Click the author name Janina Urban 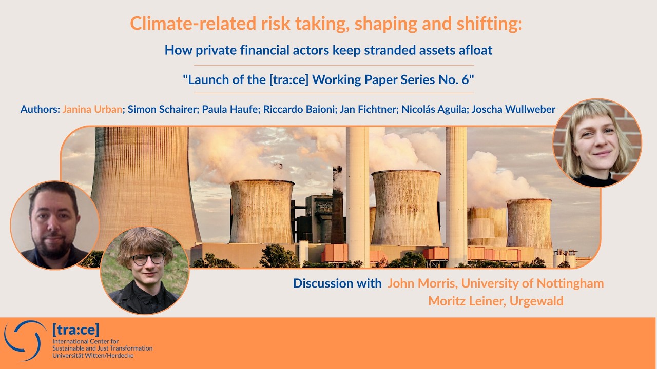[x=92, y=109]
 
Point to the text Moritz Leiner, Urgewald [x=495, y=301]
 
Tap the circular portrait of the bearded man [x=54, y=225]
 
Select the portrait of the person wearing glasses [x=145, y=270]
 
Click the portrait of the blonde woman [x=597, y=143]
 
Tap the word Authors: [x=40, y=109]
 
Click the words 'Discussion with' [x=337, y=283]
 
